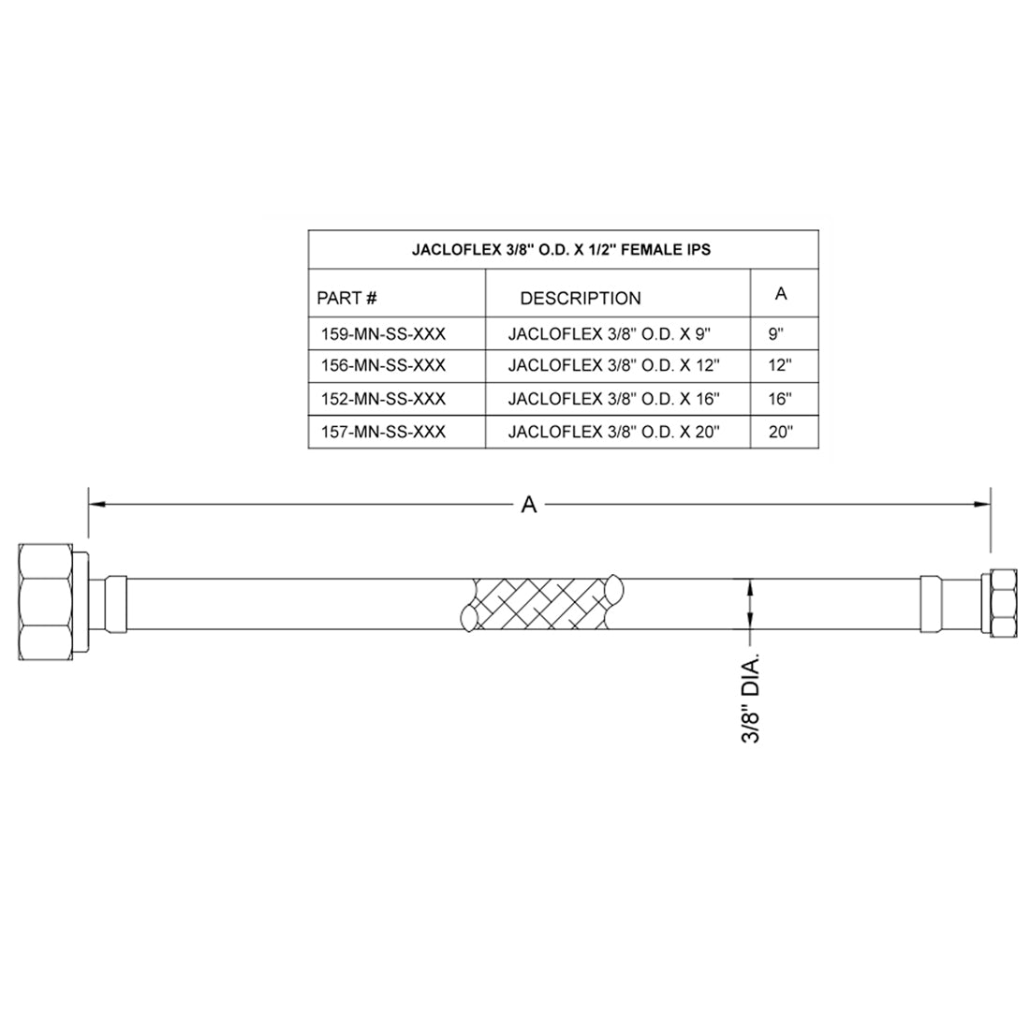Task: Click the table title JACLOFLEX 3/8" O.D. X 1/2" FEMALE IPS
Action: pyautogui.click(x=562, y=250)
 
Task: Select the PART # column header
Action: pyautogui.click(x=347, y=298)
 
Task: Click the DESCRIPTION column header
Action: pyautogui.click(x=581, y=299)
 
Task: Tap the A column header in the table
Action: pyautogui.click(x=781, y=294)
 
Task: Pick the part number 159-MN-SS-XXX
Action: pyautogui.click(x=382, y=333)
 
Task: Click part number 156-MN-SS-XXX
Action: pyautogui.click(x=382, y=365)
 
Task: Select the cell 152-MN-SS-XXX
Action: pyautogui.click(x=382, y=399)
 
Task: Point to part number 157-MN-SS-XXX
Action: pyautogui.click(x=382, y=432)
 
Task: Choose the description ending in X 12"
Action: pyautogui.click(x=613, y=365)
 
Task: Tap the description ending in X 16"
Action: pyautogui.click(x=613, y=399)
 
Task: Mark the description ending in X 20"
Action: pyautogui.click(x=613, y=432)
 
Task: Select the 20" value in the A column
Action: pyautogui.click(x=780, y=432)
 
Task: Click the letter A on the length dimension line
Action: pyautogui.click(x=529, y=506)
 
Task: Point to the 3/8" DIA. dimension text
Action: pyautogui.click(x=750, y=698)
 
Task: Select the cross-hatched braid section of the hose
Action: pyautogui.click(x=540, y=601)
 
